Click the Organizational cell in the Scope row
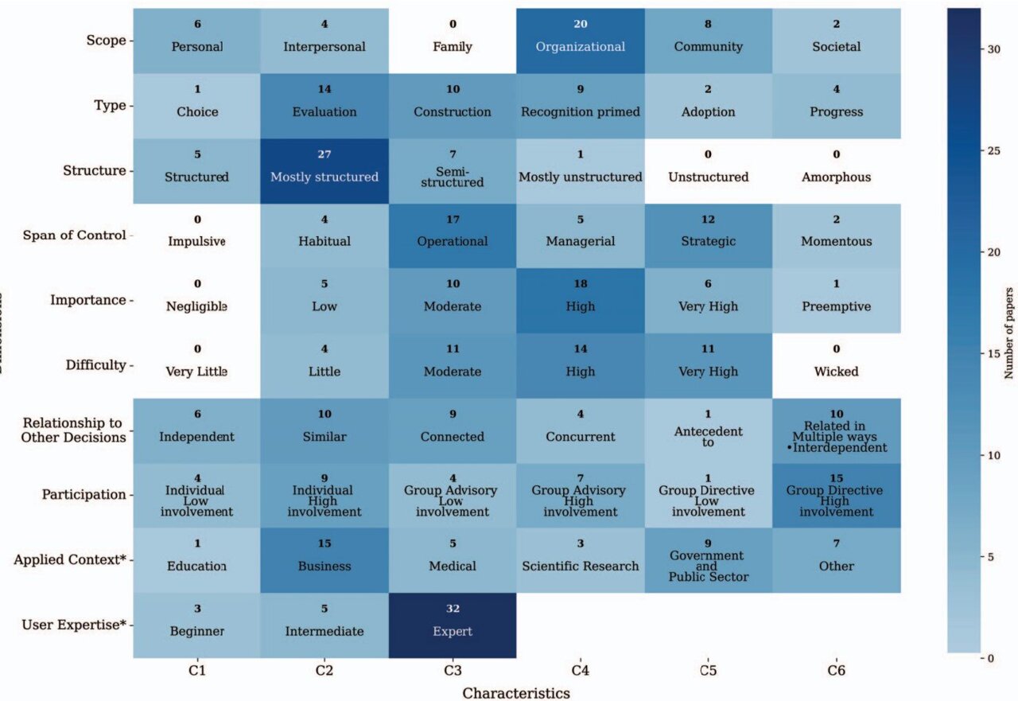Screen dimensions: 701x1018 (x=580, y=41)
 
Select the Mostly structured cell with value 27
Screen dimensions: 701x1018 (x=324, y=170)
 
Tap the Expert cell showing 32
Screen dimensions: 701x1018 (x=453, y=625)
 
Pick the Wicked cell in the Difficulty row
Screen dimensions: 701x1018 (x=836, y=365)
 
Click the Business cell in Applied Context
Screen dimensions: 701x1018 (x=324, y=560)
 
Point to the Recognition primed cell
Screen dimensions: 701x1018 (x=580, y=106)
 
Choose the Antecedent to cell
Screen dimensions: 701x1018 (x=708, y=430)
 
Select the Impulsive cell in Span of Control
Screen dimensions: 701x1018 (x=196, y=236)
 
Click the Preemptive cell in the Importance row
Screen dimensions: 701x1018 (x=836, y=301)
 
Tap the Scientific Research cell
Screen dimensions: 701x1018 (x=580, y=560)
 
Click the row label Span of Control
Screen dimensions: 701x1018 (x=75, y=236)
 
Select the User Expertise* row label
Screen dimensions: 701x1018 (x=74, y=625)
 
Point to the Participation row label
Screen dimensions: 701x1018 (x=84, y=495)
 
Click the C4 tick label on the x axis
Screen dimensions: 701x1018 (x=580, y=671)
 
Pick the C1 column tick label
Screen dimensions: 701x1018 (x=196, y=671)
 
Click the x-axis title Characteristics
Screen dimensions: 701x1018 (x=516, y=692)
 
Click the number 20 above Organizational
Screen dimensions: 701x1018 (x=580, y=25)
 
